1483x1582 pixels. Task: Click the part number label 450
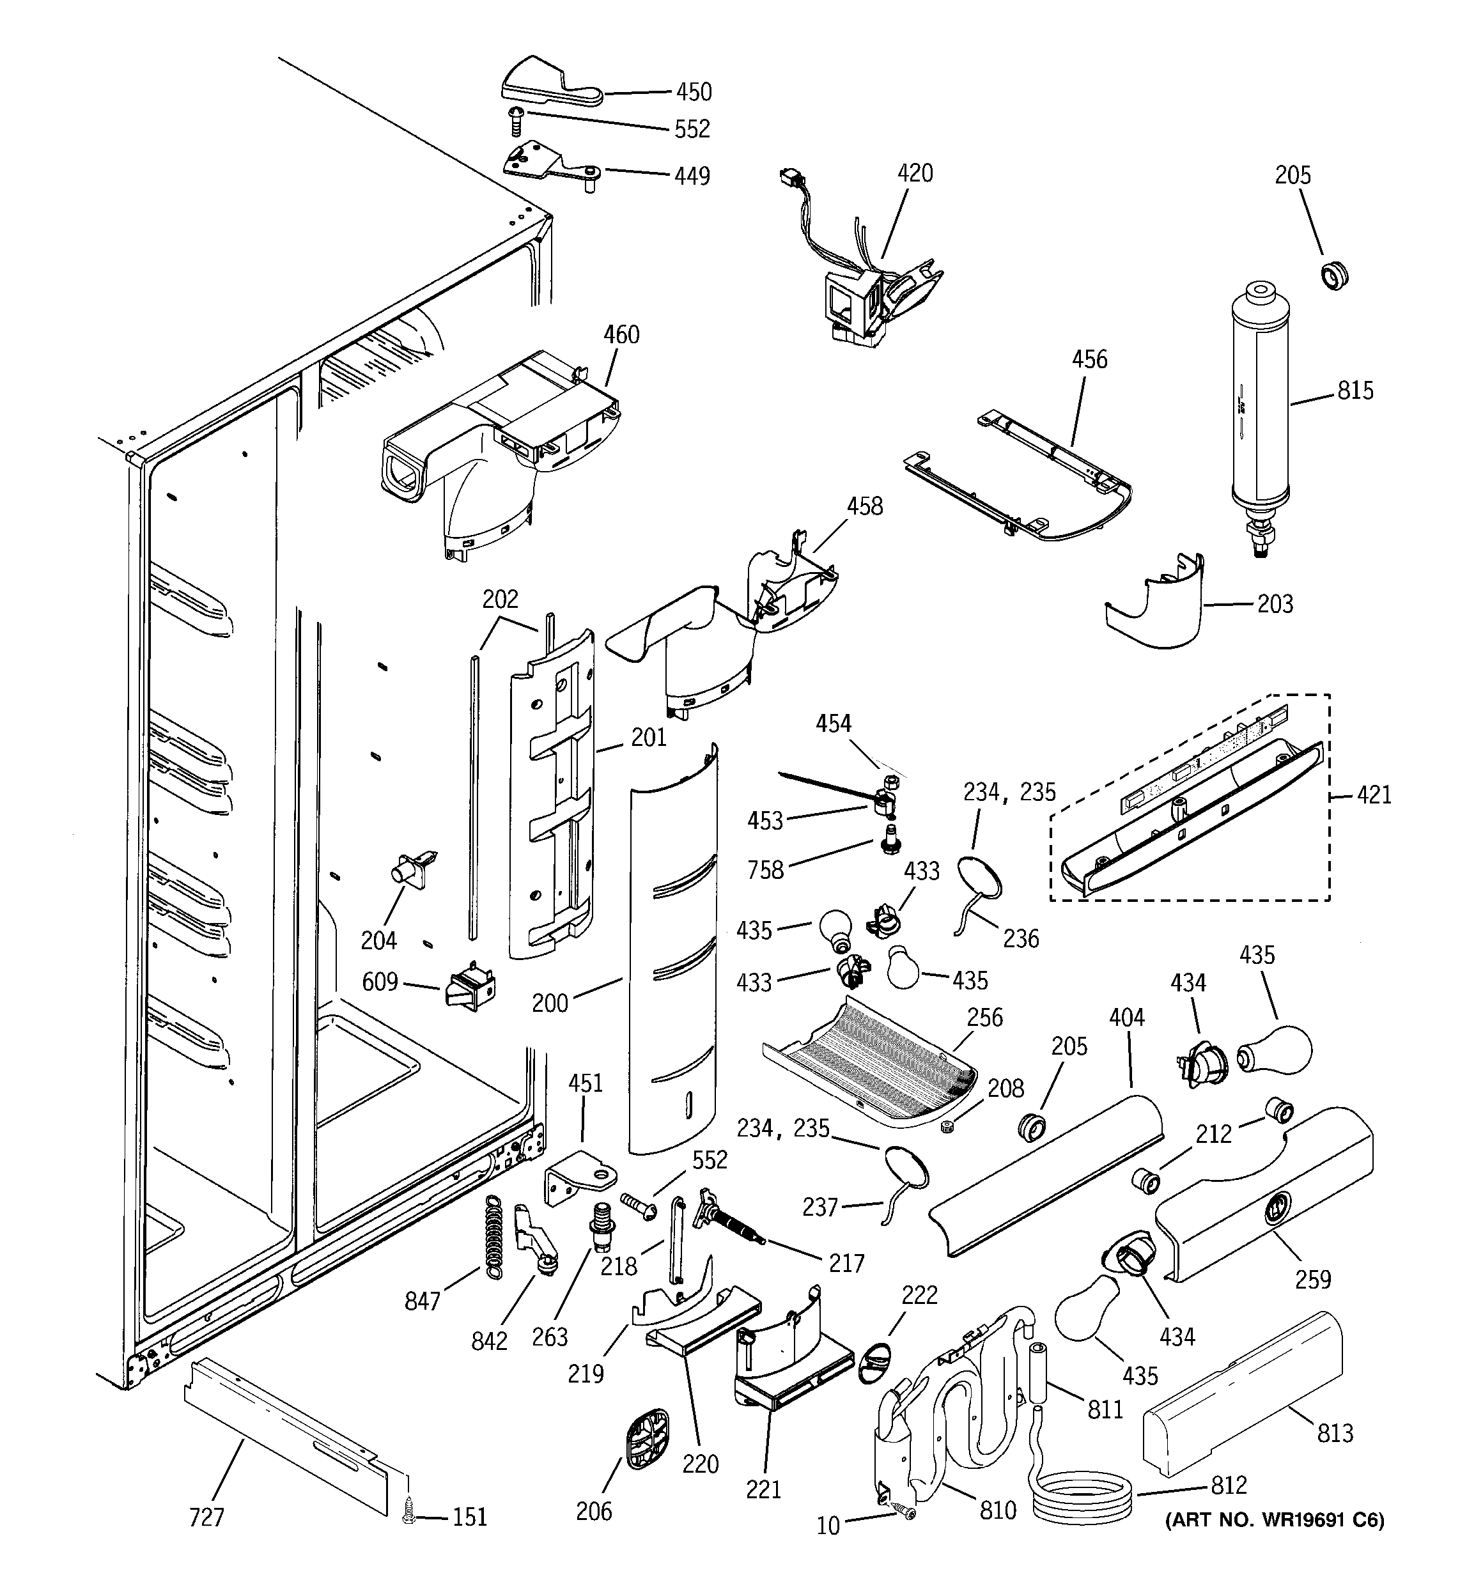click(694, 92)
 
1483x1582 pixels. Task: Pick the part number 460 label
click(621, 334)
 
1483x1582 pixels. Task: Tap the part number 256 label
click(984, 1017)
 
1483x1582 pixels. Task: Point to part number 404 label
click(1126, 1017)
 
